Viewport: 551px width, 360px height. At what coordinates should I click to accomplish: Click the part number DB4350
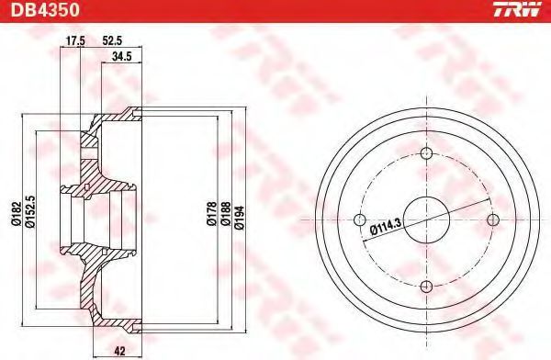pos(45,10)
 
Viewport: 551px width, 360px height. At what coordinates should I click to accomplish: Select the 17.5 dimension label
pos(75,41)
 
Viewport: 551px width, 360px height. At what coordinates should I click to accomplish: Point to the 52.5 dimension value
pos(112,41)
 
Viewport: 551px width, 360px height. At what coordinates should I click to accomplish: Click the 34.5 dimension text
pos(121,57)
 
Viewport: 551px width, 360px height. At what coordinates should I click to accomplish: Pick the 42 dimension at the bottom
pos(119,351)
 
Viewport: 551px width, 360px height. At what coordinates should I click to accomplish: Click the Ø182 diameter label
pos(17,215)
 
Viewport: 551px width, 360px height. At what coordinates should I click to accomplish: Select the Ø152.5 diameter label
pos(30,211)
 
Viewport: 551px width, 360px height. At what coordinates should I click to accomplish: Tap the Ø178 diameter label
pos(211,214)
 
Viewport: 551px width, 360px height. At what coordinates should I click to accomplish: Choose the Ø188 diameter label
pos(225,214)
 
